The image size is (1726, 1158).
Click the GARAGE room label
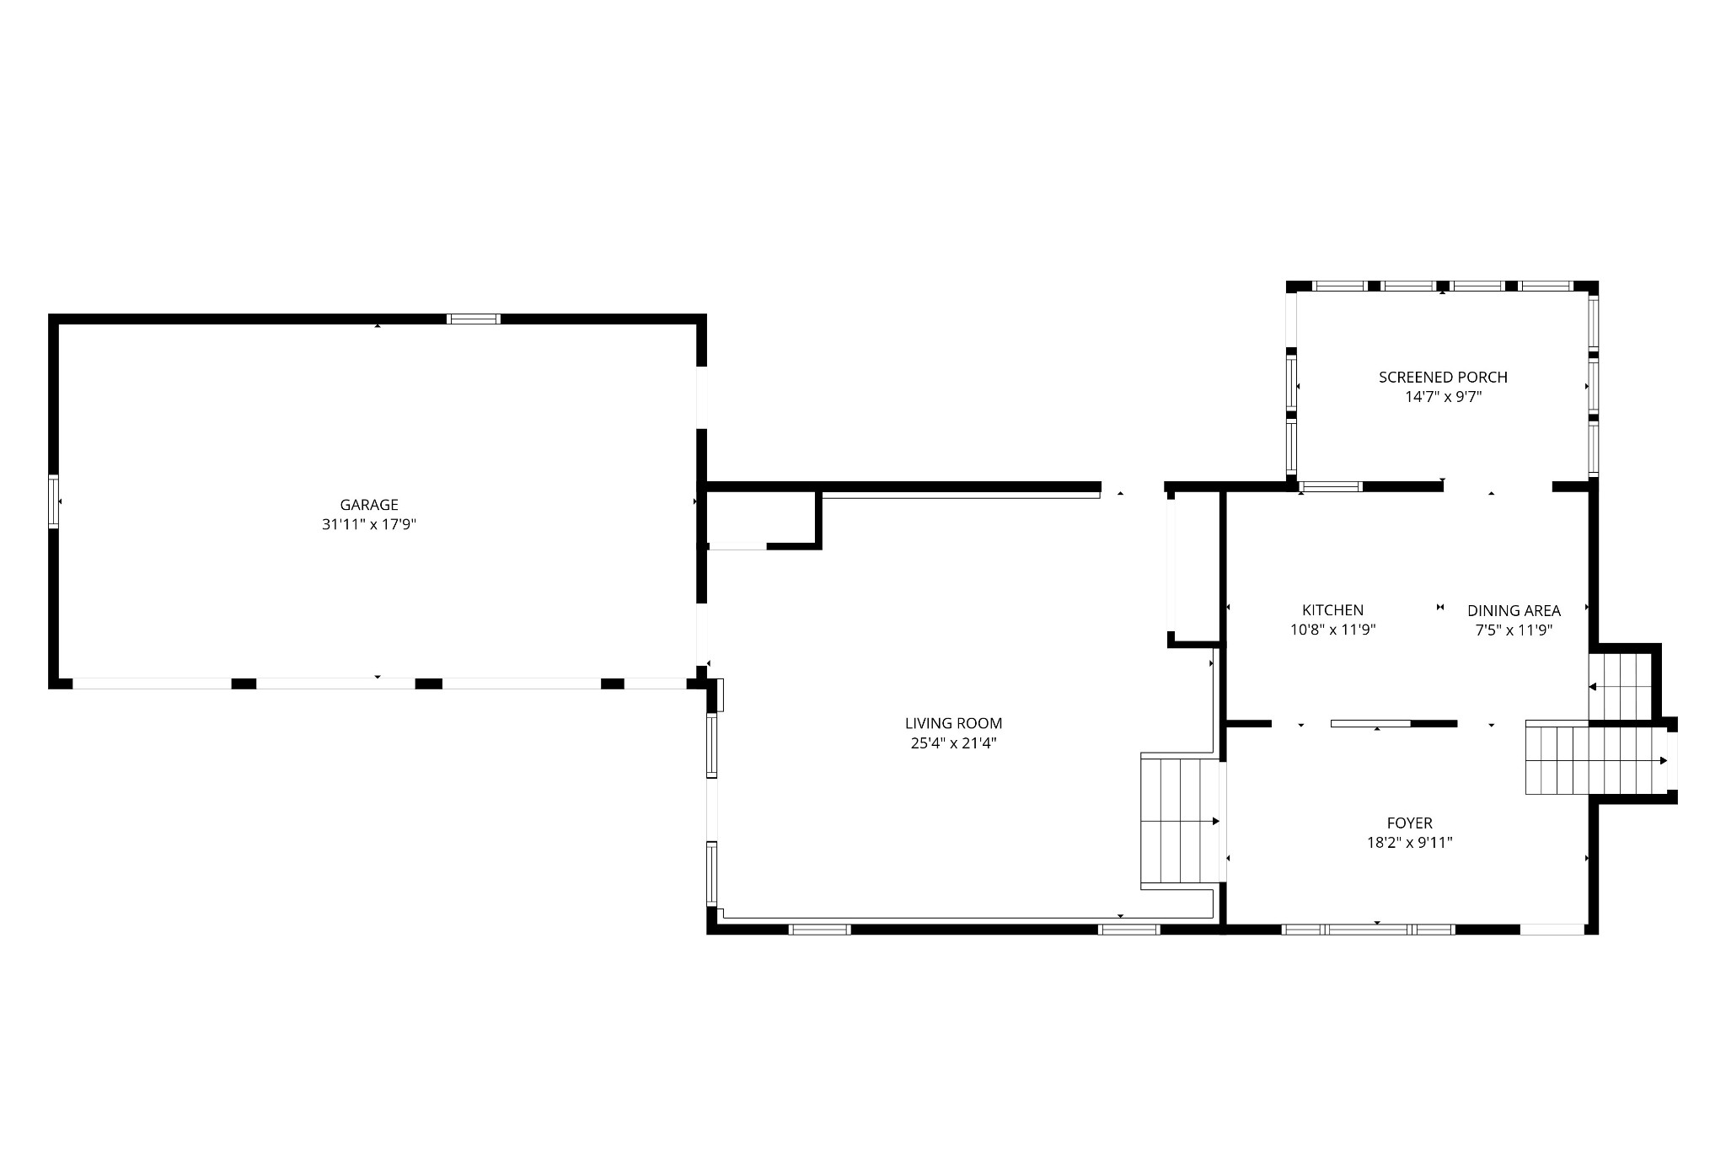[368, 505]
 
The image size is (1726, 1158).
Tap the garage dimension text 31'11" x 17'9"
[368, 524]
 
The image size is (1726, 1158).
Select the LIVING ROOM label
[953, 723]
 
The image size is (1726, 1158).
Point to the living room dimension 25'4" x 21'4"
[953, 743]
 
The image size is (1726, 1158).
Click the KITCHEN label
[1332, 610]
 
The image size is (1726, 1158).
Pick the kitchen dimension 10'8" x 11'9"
[1332, 630]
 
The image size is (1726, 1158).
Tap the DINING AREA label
[1514, 611]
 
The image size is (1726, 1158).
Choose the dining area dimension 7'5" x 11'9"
[1514, 630]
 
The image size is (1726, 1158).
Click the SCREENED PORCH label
[1443, 378]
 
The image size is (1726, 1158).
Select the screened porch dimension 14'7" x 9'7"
[1443, 397]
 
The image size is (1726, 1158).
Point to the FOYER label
[1409, 823]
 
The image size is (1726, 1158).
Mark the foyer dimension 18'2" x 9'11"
[1409, 842]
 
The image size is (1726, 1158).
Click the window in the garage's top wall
[473, 319]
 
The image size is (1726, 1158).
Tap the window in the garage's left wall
[54, 501]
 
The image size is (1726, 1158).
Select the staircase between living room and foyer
[1179, 820]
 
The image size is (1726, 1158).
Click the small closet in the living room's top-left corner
[759, 519]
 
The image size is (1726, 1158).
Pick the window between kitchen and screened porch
[1331, 486]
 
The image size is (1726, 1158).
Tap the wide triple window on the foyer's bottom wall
[1368, 930]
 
